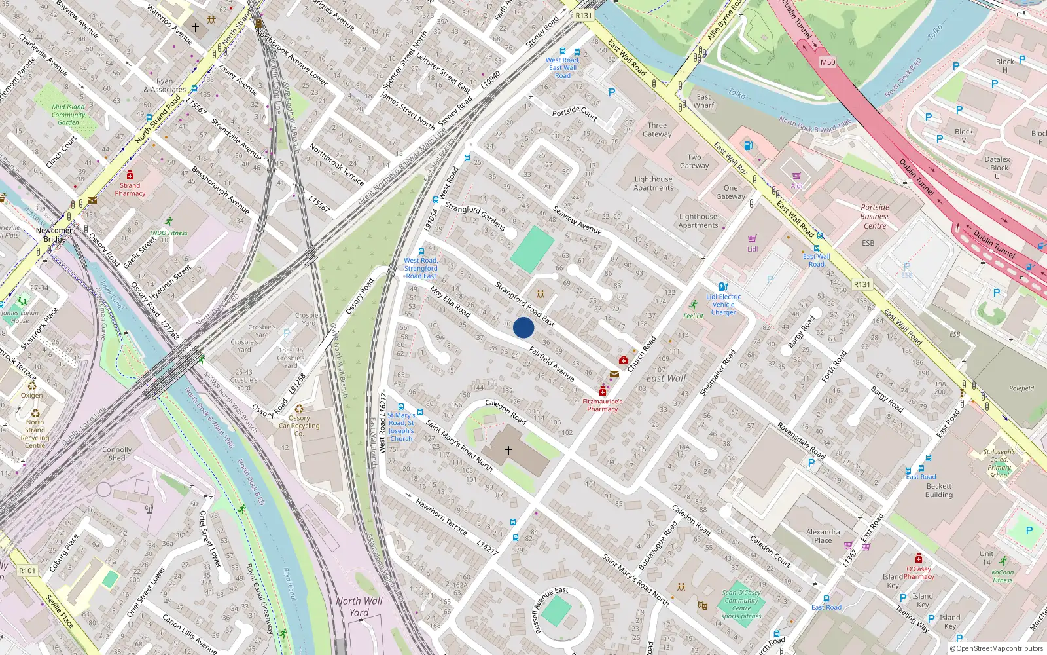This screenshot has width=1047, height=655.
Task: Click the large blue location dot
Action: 523,327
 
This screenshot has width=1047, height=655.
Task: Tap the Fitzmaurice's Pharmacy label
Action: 602,405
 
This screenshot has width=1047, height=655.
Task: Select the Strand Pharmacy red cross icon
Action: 130,176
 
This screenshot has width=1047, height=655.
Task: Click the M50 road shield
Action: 828,62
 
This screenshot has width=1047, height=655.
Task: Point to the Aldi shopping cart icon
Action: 796,176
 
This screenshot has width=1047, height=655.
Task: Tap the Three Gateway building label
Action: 657,130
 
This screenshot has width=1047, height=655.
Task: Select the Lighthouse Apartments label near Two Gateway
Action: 653,183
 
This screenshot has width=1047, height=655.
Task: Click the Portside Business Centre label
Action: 875,216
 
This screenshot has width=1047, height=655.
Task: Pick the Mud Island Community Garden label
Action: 68,114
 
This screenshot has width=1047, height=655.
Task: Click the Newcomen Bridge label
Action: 55,234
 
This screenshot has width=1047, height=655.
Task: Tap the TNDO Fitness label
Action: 168,233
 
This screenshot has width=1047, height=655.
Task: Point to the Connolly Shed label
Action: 117,454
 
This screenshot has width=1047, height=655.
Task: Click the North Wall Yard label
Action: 359,607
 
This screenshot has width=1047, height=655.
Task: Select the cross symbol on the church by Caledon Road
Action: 508,450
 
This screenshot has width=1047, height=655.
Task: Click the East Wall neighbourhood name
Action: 666,378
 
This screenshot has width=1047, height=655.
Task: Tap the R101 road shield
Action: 27,571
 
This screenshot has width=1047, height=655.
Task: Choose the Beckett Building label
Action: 939,490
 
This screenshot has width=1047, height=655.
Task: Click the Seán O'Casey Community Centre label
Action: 741,600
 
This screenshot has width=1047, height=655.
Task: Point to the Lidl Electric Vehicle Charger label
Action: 724,305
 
